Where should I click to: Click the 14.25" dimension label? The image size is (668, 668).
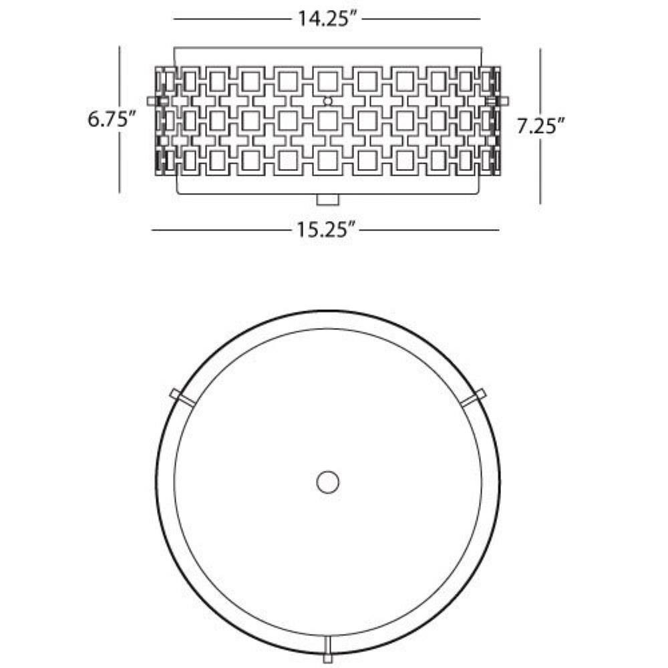327,19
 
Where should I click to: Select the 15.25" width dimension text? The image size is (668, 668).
326,230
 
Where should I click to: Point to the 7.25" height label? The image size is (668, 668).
541,126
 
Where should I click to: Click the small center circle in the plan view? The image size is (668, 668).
328,482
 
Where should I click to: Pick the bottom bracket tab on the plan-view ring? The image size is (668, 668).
327,650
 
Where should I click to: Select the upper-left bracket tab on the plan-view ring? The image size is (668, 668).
182,395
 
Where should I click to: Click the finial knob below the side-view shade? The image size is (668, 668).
328,200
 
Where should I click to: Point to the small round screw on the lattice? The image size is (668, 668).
327,101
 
